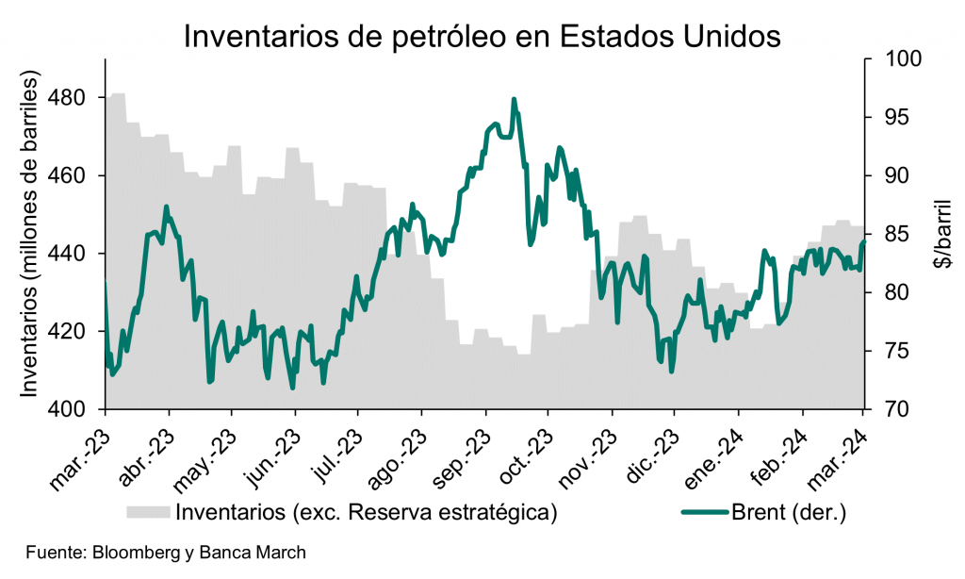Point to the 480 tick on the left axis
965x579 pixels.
pyautogui.click(x=73, y=98)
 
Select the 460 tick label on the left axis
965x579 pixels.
pyautogui.click(x=73, y=176)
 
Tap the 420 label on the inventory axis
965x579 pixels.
pyautogui.click(x=73, y=332)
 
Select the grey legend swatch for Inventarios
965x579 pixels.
pyautogui.click(x=148, y=512)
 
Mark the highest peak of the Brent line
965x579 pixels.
pyautogui.click(x=514, y=99)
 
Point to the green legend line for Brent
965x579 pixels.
pyautogui.click(x=703, y=513)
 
